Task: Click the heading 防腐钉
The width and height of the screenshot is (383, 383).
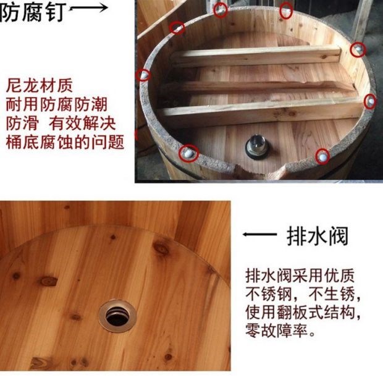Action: (33, 12)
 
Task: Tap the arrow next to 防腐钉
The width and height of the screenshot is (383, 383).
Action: (88, 8)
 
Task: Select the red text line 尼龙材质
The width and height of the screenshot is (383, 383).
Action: (40, 85)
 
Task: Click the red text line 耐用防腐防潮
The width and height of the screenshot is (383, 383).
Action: (57, 104)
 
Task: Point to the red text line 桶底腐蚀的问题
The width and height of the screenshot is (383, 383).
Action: (65, 142)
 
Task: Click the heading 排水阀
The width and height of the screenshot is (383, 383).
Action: (318, 236)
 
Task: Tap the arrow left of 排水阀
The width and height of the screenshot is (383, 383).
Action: (259, 235)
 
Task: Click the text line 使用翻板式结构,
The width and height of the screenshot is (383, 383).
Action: (303, 312)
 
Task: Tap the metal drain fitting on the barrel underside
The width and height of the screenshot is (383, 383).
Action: (256, 147)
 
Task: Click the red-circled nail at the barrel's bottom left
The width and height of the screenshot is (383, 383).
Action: (188, 153)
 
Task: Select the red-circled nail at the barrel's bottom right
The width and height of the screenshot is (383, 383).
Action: (322, 156)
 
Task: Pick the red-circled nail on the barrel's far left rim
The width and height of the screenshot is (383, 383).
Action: (143, 75)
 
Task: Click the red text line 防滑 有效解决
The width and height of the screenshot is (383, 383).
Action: (61, 123)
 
